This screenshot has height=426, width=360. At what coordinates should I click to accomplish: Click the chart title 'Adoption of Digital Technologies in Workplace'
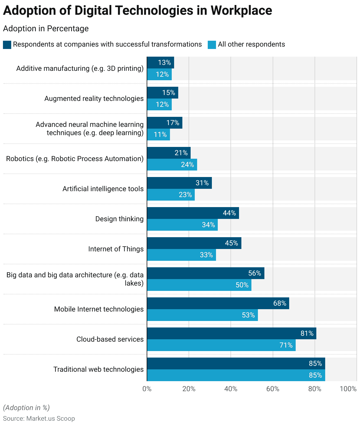click(137, 11)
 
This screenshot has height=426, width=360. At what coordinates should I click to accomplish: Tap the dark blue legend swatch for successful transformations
click(7, 45)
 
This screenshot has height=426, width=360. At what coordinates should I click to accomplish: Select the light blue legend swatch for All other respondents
click(212, 45)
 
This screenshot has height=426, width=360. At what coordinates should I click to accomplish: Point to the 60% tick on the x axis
click(273, 389)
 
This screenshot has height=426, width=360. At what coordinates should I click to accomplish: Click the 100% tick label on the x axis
click(348, 389)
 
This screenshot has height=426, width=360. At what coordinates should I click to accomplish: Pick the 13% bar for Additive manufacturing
click(161, 63)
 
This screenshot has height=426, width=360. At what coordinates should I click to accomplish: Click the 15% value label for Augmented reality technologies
click(168, 93)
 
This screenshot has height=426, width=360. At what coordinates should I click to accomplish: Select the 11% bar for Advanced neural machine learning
click(158, 135)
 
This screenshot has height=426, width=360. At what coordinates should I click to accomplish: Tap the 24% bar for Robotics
click(172, 165)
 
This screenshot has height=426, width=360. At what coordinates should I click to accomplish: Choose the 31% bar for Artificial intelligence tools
click(179, 183)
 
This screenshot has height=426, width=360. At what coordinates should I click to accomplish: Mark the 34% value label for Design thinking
click(208, 225)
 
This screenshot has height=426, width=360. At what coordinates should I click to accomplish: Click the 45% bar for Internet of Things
click(194, 243)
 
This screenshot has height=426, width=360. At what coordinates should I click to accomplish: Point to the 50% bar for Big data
click(199, 285)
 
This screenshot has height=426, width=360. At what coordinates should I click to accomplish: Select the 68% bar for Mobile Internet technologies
click(218, 303)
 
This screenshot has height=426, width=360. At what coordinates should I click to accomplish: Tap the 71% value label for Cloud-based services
click(286, 345)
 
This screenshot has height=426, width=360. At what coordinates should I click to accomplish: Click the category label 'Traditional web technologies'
click(98, 369)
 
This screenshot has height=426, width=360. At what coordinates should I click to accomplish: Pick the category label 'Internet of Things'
click(116, 249)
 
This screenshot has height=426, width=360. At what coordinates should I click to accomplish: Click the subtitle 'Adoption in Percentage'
click(46, 29)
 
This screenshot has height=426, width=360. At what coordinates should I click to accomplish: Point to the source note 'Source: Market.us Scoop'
click(39, 419)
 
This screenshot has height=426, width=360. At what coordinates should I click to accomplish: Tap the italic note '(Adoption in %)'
click(26, 408)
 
